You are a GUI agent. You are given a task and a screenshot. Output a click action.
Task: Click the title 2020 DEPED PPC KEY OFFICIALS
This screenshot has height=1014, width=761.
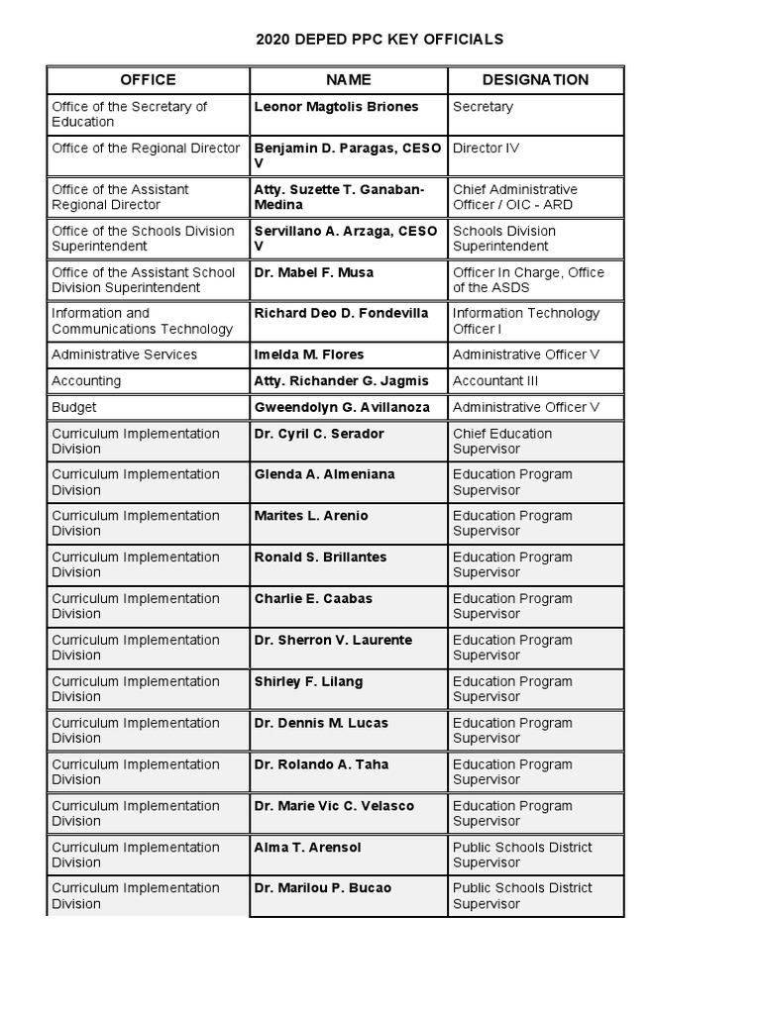380,40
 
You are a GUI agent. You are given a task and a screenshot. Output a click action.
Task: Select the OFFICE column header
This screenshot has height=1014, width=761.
148,80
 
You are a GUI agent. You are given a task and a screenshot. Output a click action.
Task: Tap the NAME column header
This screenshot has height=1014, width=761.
349,80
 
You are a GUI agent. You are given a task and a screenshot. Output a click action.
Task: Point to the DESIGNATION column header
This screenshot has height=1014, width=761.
535,80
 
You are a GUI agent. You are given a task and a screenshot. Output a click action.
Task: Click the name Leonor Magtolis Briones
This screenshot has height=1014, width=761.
337,107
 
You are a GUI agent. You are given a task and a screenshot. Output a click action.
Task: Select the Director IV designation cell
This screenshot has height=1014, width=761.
486,149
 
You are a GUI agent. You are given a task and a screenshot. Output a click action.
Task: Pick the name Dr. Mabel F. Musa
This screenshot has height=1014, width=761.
314,272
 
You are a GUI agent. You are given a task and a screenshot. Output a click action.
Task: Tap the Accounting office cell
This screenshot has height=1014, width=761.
86,381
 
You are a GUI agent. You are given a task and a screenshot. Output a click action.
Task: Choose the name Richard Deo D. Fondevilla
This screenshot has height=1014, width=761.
342,314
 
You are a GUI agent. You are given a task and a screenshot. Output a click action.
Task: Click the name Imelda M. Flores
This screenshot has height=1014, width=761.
309,355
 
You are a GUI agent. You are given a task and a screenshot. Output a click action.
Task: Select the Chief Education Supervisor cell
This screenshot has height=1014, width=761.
502,441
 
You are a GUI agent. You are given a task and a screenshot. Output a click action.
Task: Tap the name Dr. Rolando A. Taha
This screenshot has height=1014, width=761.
322,764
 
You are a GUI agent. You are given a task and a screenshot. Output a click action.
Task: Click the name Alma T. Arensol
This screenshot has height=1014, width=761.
309,848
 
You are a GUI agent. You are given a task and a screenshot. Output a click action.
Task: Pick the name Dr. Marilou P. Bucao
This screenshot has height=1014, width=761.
323,888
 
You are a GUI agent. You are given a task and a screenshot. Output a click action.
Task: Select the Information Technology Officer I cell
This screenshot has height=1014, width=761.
526,321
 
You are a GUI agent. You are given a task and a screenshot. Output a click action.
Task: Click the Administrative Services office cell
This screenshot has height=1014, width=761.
125,355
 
